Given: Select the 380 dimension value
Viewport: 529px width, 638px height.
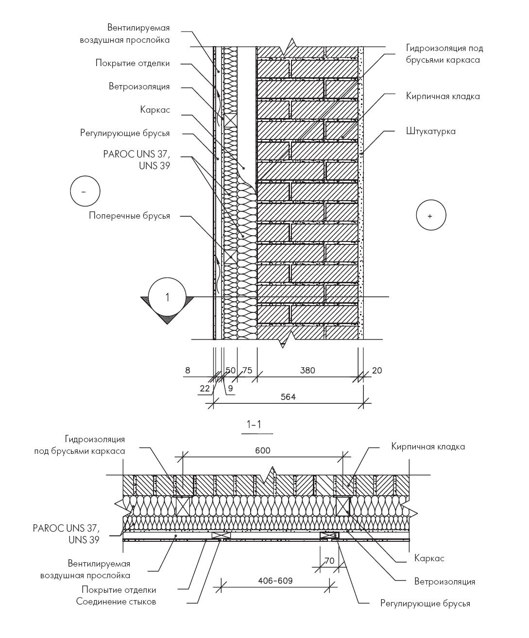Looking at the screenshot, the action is (x=307, y=370).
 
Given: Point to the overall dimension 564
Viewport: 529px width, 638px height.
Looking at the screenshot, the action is (x=288, y=397).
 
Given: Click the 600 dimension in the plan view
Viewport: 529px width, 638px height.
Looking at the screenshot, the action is (x=263, y=450).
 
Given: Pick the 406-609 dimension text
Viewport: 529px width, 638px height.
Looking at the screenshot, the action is (x=275, y=581).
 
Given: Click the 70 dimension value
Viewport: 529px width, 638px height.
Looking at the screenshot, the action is (x=329, y=561).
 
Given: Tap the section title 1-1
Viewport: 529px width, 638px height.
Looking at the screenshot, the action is (x=254, y=424).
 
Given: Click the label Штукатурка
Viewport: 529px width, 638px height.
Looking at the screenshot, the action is (x=431, y=131).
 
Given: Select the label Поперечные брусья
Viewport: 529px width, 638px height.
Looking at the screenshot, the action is (x=129, y=216).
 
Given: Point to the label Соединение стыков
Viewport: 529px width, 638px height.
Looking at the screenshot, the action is (x=116, y=602).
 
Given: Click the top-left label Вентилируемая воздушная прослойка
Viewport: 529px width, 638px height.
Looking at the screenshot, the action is (x=125, y=34).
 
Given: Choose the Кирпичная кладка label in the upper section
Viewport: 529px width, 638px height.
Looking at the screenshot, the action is (x=443, y=97).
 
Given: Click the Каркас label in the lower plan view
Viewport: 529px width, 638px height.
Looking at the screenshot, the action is (x=429, y=558).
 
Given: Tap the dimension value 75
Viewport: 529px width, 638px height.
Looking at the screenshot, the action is (x=247, y=370).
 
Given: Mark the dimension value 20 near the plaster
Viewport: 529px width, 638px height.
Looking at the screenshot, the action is (x=377, y=370).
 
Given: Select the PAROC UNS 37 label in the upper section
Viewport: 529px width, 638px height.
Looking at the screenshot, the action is (x=137, y=160).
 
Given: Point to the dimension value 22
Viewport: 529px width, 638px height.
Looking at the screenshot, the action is (x=205, y=388).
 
